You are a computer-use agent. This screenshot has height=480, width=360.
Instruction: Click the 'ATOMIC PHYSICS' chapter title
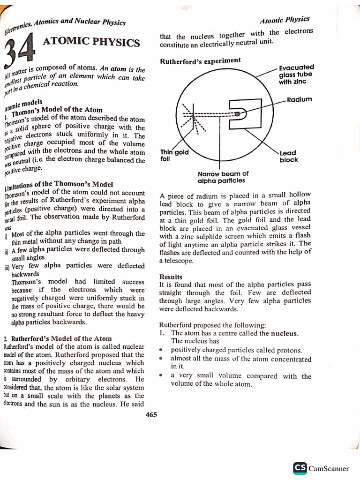click(x=91, y=43)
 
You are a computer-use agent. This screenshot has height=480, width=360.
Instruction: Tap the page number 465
click(x=151, y=414)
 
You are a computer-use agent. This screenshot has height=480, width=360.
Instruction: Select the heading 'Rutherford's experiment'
click(x=200, y=61)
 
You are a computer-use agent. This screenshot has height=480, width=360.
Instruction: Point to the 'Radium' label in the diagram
click(x=300, y=99)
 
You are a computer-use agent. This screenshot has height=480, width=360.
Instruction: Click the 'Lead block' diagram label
click(x=288, y=156)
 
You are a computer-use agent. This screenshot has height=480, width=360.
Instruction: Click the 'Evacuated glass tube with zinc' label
click(x=296, y=74)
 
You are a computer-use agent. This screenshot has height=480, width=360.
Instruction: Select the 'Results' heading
click(x=171, y=277)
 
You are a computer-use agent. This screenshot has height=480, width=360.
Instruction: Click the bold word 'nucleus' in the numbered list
click(x=284, y=333)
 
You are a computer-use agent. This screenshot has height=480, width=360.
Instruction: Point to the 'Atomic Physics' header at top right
click(x=285, y=20)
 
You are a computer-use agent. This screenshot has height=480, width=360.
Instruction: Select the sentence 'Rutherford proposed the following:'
click(x=212, y=324)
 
